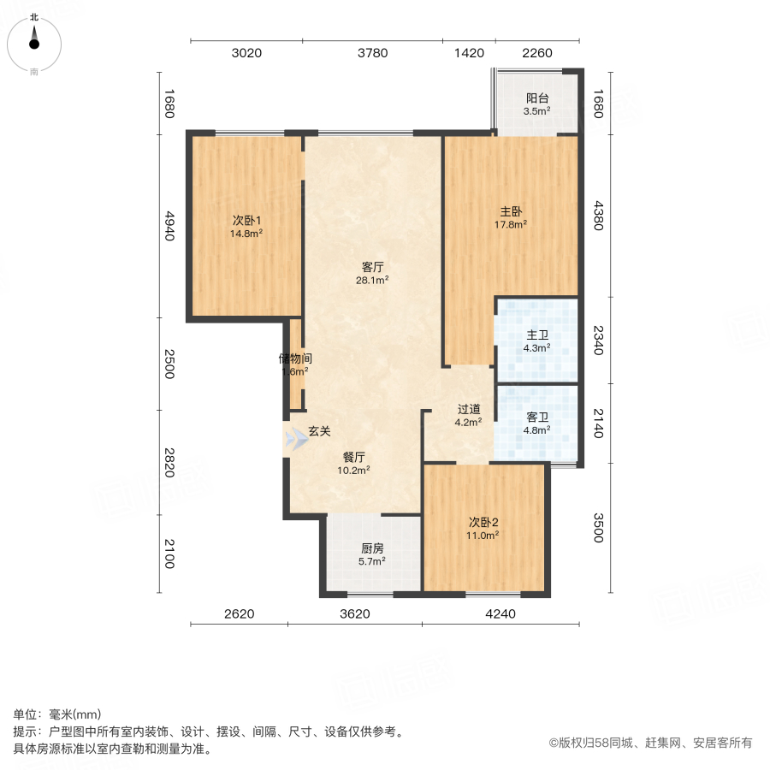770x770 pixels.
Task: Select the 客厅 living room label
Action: click(372, 266)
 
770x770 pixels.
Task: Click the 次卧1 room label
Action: click(246, 220)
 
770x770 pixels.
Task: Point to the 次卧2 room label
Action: click(483, 521)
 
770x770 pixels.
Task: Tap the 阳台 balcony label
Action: click(537, 98)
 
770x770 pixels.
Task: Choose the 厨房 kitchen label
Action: click(372, 548)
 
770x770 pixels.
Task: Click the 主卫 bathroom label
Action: click(537, 335)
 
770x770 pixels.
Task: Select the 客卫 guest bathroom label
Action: click(537, 418)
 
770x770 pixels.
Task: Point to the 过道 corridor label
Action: click(468, 409)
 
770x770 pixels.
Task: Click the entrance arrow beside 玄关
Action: click(296, 439)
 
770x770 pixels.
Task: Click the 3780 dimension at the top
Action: click(372, 53)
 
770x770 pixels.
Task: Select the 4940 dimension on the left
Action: click(169, 226)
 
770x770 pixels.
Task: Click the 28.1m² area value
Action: click(372, 280)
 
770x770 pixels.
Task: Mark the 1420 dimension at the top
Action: click(469, 53)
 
